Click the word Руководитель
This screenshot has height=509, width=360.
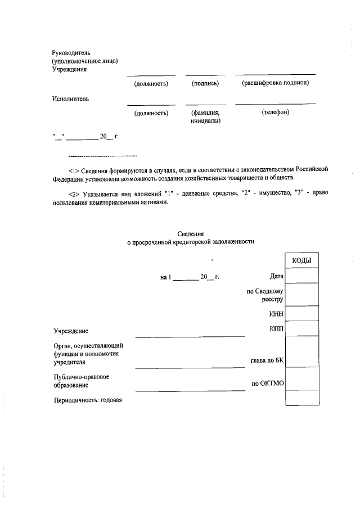[71, 52]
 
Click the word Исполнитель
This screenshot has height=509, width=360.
[70, 99]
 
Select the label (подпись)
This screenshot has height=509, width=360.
[205, 83]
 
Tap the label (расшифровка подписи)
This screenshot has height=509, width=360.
[276, 83]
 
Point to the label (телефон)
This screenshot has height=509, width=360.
[276, 112]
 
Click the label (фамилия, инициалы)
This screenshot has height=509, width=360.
[205, 116]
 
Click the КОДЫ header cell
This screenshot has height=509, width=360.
[302, 260]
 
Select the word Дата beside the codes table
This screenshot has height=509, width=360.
[276, 276]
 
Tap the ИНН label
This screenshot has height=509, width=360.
[276, 314]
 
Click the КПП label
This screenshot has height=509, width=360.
[276, 327]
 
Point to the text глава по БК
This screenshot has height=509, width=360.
[267, 361]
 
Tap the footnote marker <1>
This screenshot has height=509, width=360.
[73, 170]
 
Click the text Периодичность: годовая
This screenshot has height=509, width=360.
[88, 400]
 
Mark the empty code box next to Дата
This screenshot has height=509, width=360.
[302, 276]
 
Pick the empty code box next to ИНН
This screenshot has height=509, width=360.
[302, 313]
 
